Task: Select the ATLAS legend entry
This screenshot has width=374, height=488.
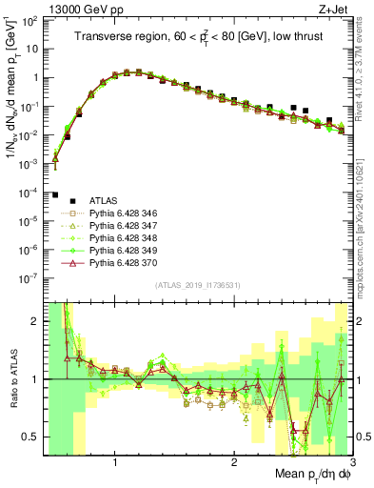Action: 104,201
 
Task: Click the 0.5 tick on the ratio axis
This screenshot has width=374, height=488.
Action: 31,437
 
